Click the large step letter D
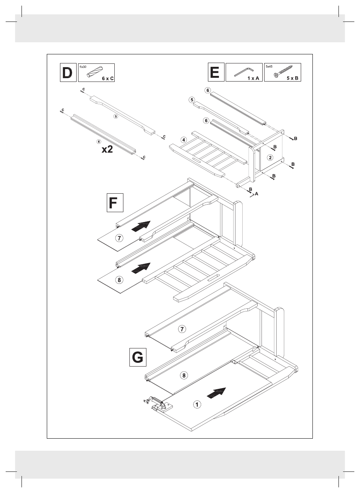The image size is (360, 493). click(x=67, y=72)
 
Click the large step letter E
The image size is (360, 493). click(x=215, y=72)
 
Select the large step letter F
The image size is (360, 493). click(x=113, y=203)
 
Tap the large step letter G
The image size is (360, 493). click(x=137, y=357)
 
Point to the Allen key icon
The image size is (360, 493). click(x=244, y=72)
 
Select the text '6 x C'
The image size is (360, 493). click(x=108, y=79)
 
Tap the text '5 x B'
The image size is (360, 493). click(x=292, y=78)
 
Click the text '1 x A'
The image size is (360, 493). click(x=253, y=78)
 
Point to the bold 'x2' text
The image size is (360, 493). click(x=107, y=149)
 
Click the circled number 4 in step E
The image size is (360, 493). click(x=183, y=140)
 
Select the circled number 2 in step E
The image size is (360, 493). click(x=270, y=157)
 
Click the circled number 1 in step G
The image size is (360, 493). click(x=197, y=404)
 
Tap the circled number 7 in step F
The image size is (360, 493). click(x=119, y=238)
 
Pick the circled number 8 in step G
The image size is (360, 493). click(x=184, y=375)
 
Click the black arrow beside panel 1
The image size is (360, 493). click(x=216, y=393)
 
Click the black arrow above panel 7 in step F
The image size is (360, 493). click(x=141, y=226)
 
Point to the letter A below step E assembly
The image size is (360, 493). click(x=256, y=194)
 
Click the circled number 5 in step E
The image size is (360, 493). click(x=192, y=100)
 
